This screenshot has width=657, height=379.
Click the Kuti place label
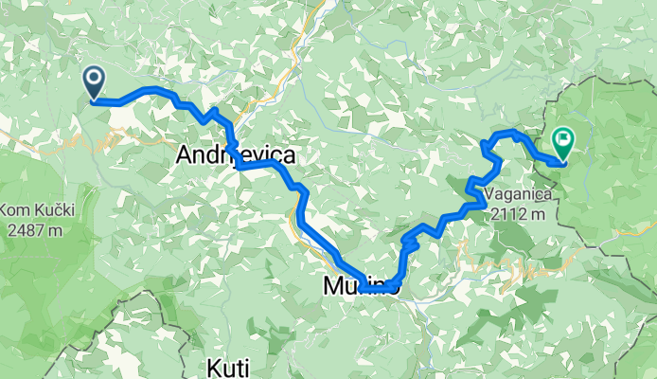tap(228, 366)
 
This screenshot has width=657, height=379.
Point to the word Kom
tap(15, 209)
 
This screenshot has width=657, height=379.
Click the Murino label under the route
tap(356, 284)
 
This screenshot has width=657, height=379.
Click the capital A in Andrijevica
tap(186, 155)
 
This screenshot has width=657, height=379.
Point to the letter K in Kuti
tap(215, 366)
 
